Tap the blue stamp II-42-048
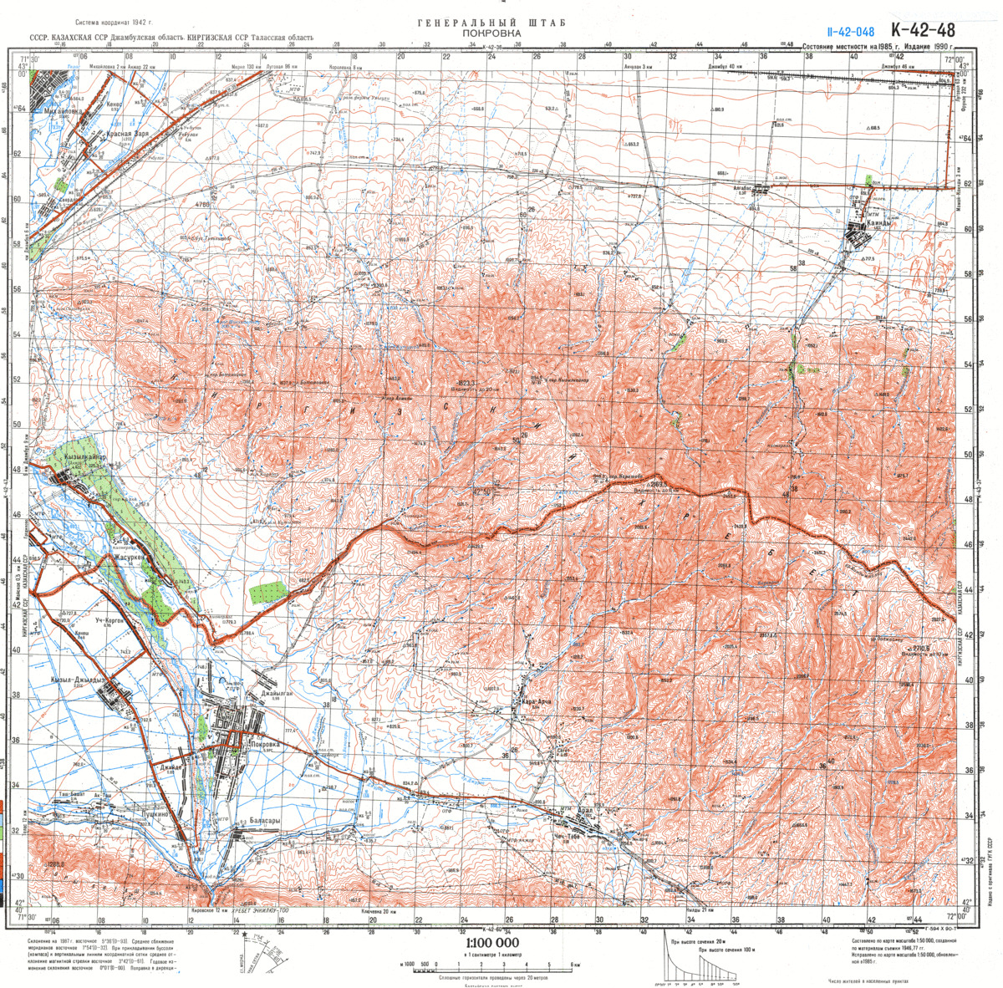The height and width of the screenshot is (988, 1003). [x=851, y=33]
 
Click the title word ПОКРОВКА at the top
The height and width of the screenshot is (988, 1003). [x=491, y=33]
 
